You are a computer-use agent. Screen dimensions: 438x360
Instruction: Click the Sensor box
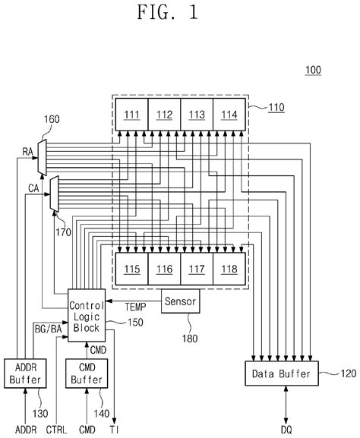[181, 301]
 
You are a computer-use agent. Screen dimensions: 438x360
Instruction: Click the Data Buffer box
[277, 373]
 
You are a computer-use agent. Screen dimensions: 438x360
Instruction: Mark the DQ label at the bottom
[286, 430]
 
